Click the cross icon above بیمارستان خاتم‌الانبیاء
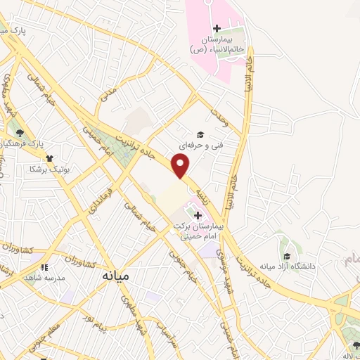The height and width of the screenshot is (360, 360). point(217,29)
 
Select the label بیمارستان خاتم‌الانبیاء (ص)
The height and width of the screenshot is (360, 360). point(217,45)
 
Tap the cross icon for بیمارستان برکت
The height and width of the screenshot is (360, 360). point(198,215)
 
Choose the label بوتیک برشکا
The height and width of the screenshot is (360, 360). point(44,169)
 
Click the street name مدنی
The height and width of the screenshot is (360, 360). point(109,103)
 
